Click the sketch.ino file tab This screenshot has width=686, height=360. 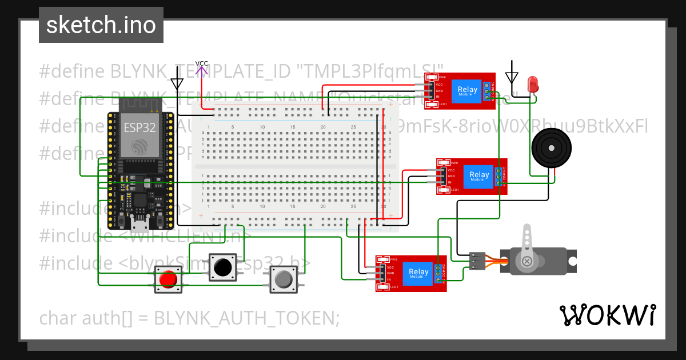click(x=101, y=25)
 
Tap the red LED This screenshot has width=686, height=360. click(x=533, y=84)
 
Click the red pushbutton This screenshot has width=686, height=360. click(x=167, y=280)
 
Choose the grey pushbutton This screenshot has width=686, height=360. click(x=284, y=279)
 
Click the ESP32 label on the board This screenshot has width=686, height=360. click(x=139, y=127)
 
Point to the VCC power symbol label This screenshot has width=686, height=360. click(x=202, y=64)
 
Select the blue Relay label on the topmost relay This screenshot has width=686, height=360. click(x=467, y=90)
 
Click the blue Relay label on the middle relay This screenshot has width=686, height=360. click(x=479, y=175)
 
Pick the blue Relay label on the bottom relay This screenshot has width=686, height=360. click(x=418, y=273)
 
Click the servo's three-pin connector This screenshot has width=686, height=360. click(x=476, y=261)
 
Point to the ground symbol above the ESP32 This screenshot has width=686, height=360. click(x=177, y=82)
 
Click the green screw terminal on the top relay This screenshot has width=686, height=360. click(x=489, y=90)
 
